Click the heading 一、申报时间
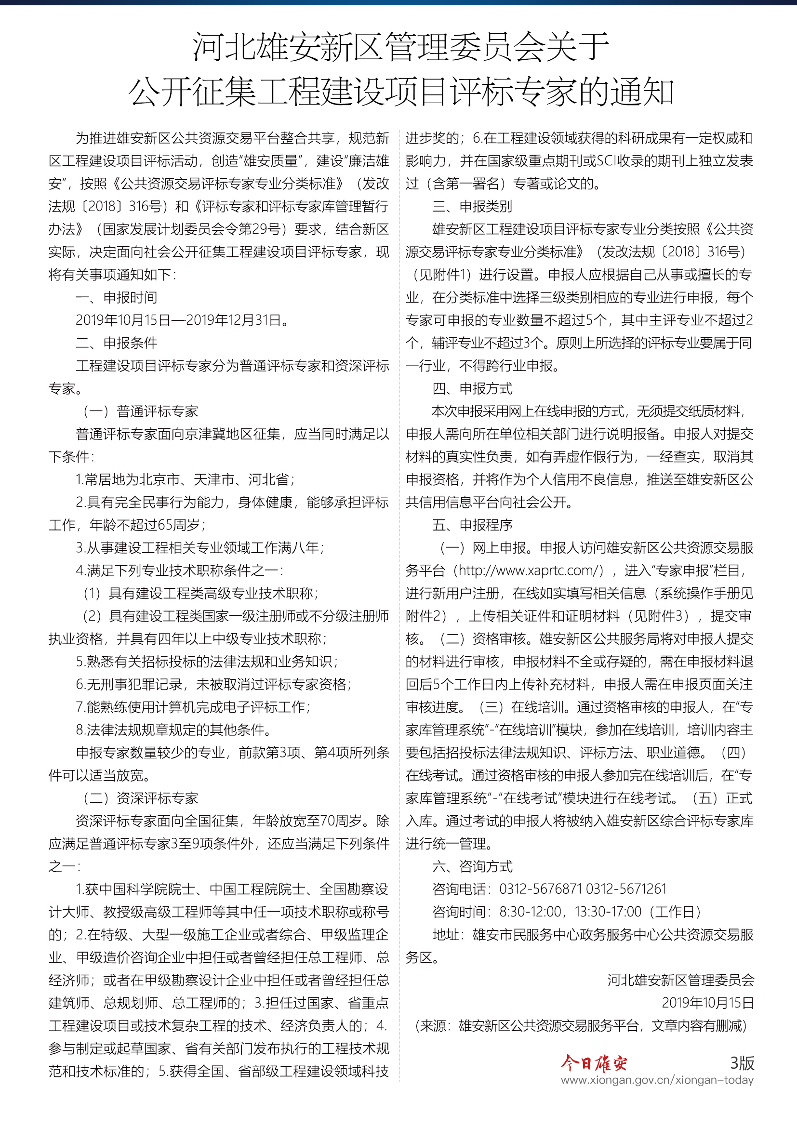point(116,297)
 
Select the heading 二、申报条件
point(116,343)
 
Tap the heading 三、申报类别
point(472,206)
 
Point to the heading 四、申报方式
point(472,388)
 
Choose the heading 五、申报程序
point(472,525)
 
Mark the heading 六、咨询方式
point(472,866)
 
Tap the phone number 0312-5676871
point(540,889)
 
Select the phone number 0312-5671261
point(626,889)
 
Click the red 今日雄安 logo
point(594,1063)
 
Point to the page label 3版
point(742,1063)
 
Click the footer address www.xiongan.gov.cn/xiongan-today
point(657,1080)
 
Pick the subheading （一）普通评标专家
point(140,411)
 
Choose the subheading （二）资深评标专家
point(140,797)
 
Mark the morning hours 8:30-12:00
point(530,912)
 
